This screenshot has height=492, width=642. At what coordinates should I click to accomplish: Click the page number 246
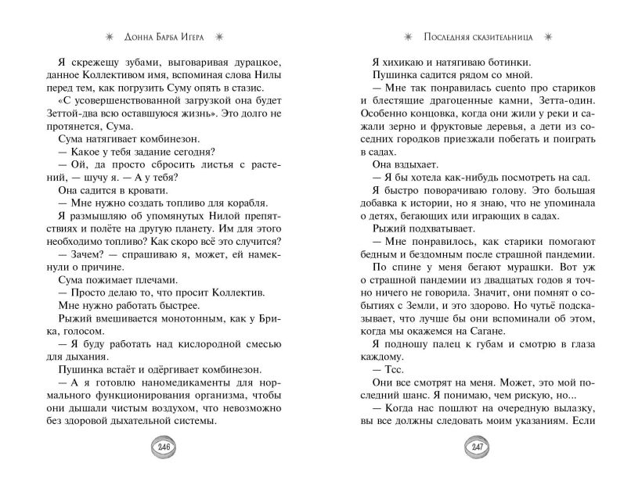coord(163,447)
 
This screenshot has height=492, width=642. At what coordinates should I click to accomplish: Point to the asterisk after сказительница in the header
coord(548,36)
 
